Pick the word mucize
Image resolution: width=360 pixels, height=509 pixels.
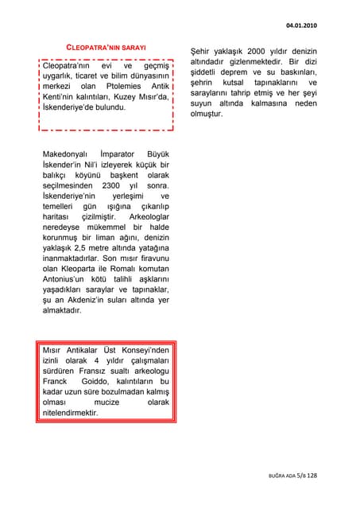click(106, 402)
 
